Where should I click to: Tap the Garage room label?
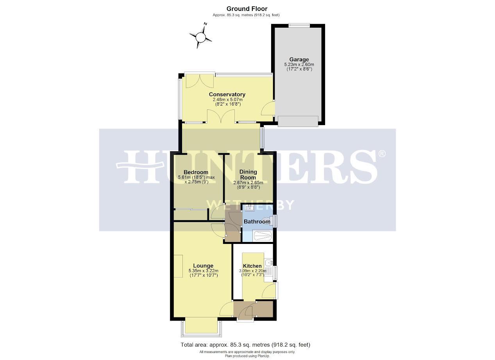coord(299,59)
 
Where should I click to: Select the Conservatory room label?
coord(227,94)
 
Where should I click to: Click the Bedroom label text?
coord(196,172)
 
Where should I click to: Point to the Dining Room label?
coord(248,174)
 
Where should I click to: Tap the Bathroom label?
coord(257,222)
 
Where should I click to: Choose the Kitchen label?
coord(252,266)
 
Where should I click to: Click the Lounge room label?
coord(203,266)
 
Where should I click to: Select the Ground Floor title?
coord(247,9)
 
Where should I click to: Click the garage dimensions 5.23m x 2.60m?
coord(299,64)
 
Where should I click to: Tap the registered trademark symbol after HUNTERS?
coord(382,154)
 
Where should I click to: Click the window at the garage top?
coord(299,25)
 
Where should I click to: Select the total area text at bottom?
coord(245,345)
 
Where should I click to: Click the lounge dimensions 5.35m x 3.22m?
coord(203,271)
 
